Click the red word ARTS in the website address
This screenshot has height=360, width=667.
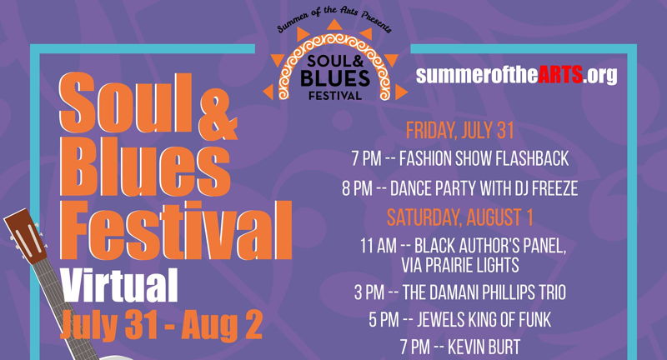[x=559, y=74]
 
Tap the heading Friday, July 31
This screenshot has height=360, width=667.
[x=460, y=131]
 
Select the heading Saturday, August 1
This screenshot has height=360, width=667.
[x=460, y=217]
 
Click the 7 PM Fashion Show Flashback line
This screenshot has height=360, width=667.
[x=460, y=159]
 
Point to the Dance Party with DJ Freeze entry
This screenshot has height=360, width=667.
[x=460, y=188]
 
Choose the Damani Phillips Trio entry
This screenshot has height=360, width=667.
[x=460, y=292]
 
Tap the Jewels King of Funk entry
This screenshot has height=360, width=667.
[x=460, y=320]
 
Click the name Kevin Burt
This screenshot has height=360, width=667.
[x=484, y=347]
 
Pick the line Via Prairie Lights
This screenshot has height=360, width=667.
[x=460, y=265]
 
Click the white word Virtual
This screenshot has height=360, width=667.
[x=119, y=285]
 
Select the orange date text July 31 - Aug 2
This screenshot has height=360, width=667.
[x=161, y=325]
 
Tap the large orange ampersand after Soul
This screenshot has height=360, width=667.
[x=218, y=117]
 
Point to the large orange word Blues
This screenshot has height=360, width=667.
[x=145, y=167]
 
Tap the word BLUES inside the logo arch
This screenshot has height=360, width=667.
[x=335, y=78]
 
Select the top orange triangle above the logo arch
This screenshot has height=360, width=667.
[x=335, y=24]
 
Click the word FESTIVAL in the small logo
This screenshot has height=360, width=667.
[x=335, y=95]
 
